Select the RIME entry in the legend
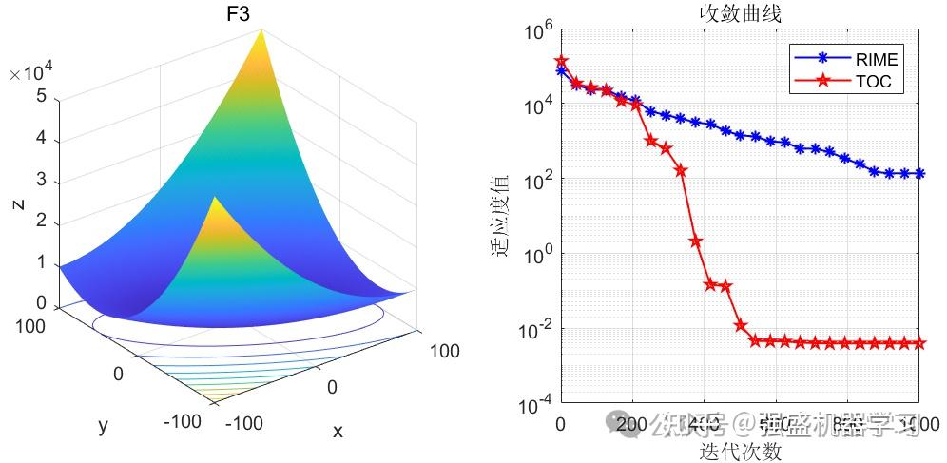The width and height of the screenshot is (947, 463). coord(876,60)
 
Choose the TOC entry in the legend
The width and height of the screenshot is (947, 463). coord(873,82)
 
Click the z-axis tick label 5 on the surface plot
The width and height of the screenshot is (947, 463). coord(40,96)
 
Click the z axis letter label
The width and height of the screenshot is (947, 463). coord(18,202)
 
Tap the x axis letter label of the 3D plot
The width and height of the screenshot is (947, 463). coord(338,432)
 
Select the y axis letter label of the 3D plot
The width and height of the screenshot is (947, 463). coord(103,426)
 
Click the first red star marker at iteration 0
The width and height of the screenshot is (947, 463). coord(561,60)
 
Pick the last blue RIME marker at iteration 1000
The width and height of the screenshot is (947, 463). coord(919,173)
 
